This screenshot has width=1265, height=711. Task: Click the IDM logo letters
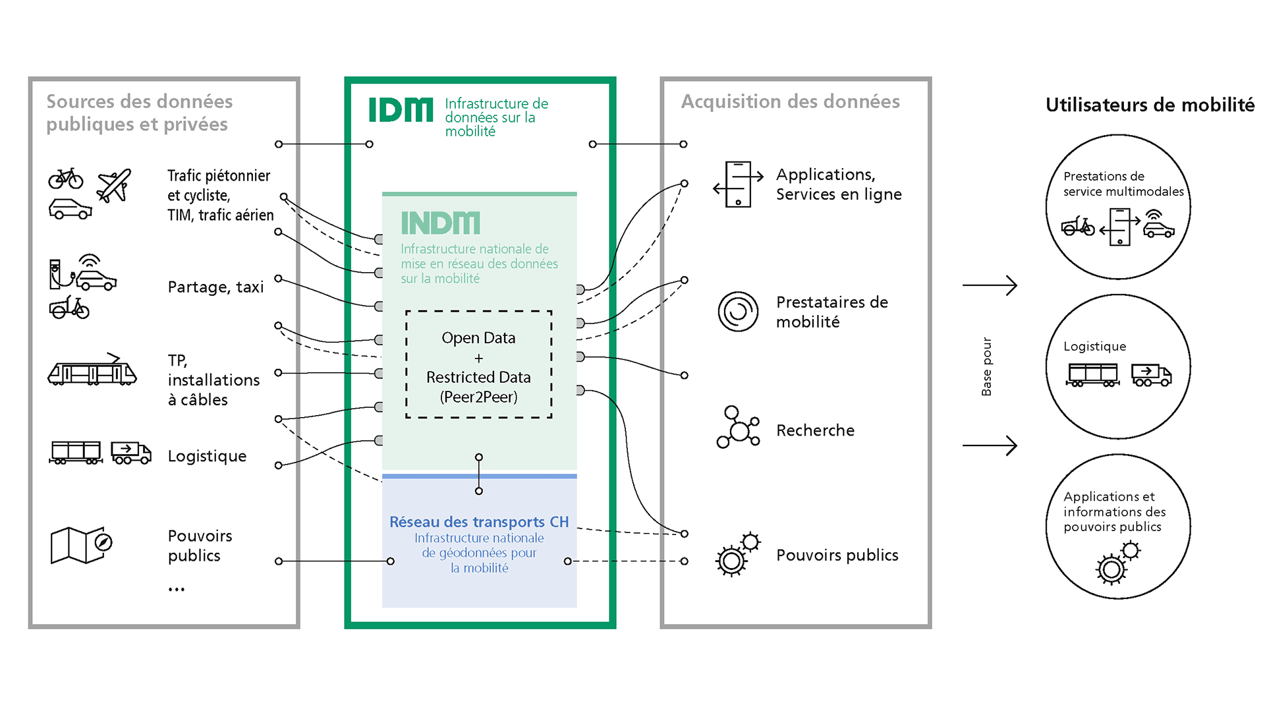pyautogui.click(x=401, y=110)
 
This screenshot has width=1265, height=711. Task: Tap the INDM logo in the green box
pyautogui.click(x=440, y=223)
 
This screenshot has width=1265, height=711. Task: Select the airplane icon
pyautogui.click(x=114, y=185)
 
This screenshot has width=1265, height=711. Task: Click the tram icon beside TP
pyautogui.click(x=92, y=370)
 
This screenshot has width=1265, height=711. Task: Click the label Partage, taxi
pyautogui.click(x=215, y=287)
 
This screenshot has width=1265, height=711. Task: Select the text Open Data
pyautogui.click(x=478, y=338)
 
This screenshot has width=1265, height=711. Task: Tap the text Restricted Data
pyautogui.click(x=478, y=378)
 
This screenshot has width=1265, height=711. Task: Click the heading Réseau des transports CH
pyautogui.click(x=478, y=522)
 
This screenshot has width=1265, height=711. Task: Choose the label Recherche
pyautogui.click(x=815, y=430)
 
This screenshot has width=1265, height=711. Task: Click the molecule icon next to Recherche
pyautogui.click(x=738, y=428)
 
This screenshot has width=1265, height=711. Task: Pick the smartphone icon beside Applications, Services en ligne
pyautogui.click(x=738, y=185)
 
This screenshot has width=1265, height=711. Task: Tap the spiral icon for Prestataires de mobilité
pyautogui.click(x=738, y=311)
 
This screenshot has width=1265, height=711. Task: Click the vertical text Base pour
pyautogui.click(x=986, y=366)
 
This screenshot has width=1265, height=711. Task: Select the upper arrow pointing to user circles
pyautogui.click(x=990, y=285)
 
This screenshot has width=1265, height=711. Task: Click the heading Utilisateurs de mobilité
pyautogui.click(x=1150, y=105)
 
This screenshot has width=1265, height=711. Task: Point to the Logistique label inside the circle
pyautogui.click(x=1094, y=347)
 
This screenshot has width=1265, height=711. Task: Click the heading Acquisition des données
pyautogui.click(x=790, y=101)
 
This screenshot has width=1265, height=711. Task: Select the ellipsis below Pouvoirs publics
pyautogui.click(x=176, y=589)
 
